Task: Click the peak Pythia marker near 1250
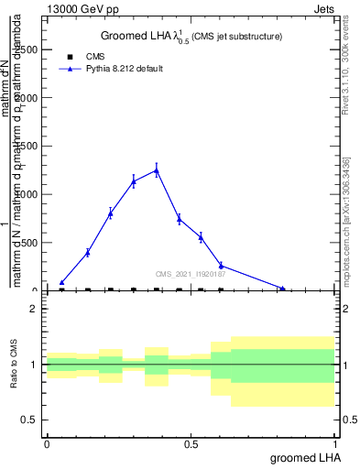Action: pyautogui.click(x=157, y=169)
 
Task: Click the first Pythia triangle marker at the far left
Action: pyautogui.click(x=61, y=283)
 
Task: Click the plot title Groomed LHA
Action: pyautogui.click(x=191, y=36)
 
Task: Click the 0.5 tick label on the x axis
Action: pyautogui.click(x=191, y=443)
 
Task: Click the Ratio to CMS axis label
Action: pyautogui.click(x=14, y=365)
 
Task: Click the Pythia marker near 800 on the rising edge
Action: pyautogui.click(x=110, y=213)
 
